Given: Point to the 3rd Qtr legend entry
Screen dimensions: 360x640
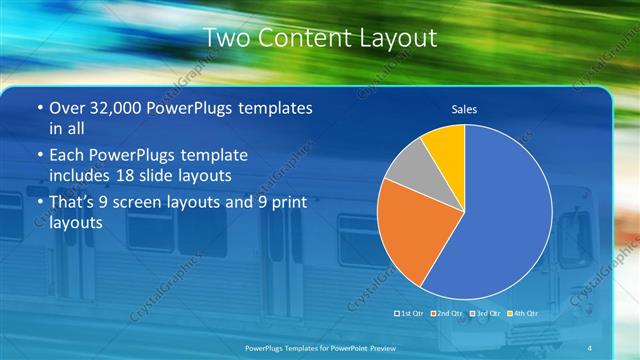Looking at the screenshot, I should pyautogui.click(x=482, y=314).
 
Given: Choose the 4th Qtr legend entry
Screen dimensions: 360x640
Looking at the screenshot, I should pyautogui.click(x=519, y=314).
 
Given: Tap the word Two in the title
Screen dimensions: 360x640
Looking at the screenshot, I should pyautogui.click(x=225, y=38).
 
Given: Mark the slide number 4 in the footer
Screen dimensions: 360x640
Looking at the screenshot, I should pyautogui.click(x=591, y=347).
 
